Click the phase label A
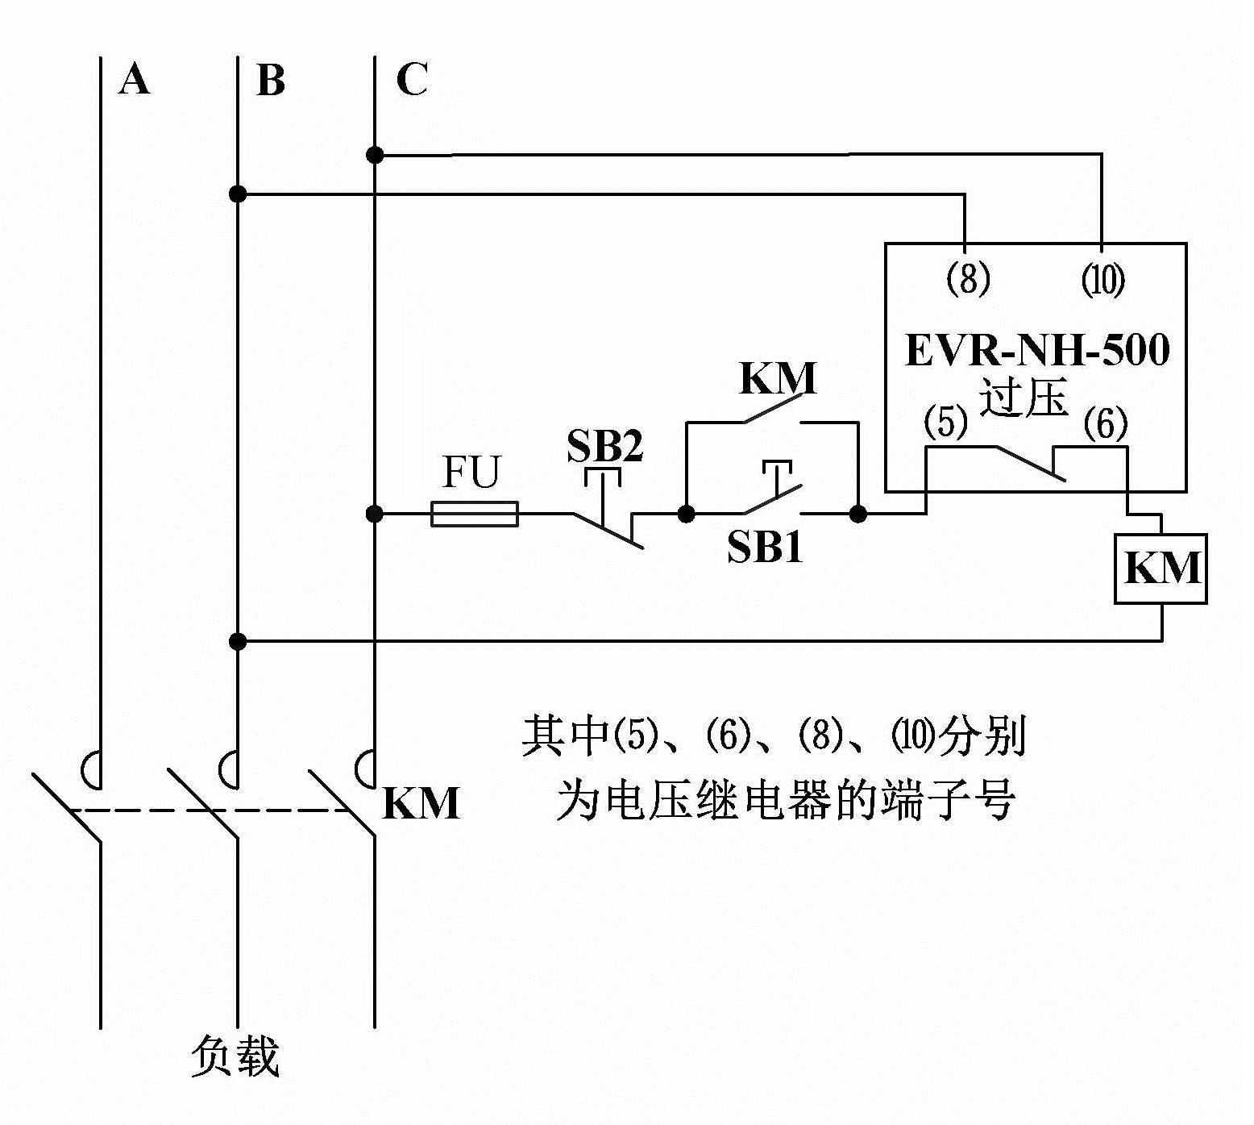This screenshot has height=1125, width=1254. point(134,81)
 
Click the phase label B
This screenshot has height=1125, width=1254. point(271,81)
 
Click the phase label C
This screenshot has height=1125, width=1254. point(412,80)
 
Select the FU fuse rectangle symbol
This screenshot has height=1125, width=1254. point(475,514)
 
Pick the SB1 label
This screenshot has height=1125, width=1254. point(765,548)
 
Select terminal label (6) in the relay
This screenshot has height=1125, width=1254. point(1106,423)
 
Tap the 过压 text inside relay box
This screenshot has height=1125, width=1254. point(1024,398)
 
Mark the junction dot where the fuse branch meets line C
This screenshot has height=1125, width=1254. point(374,514)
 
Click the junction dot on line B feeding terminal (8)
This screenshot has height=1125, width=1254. point(238,194)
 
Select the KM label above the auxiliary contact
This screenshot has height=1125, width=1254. point(778,378)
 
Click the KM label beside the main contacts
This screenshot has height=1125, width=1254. point(421,803)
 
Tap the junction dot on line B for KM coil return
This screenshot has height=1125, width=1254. point(238,641)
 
